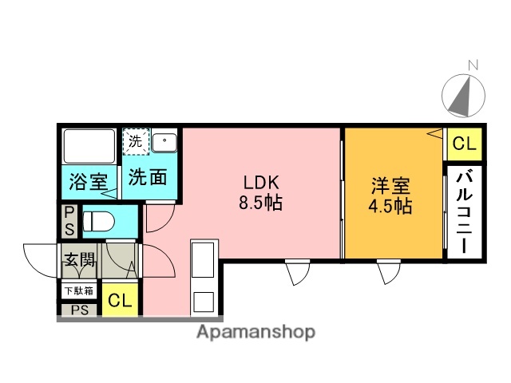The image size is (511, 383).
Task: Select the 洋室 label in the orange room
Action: tap(390, 187)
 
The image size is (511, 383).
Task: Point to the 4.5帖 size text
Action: tap(390, 207)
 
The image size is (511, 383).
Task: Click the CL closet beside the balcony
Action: tap(463, 144)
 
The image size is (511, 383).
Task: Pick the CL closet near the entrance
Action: tap(119, 301)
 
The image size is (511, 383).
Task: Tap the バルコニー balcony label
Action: tap(464, 211)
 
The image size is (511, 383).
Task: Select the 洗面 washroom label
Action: tap(149, 176)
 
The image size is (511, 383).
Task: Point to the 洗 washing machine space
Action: tap(135, 141)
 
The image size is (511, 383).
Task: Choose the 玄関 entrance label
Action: tap(79, 260)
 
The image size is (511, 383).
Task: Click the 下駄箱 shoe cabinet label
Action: tap(79, 290)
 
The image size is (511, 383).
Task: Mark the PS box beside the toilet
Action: tap(69, 220)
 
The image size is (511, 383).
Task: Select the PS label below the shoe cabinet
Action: tap(79, 310)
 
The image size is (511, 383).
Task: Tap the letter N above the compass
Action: tap(473, 65)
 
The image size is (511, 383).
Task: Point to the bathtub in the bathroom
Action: tap(89, 148)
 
